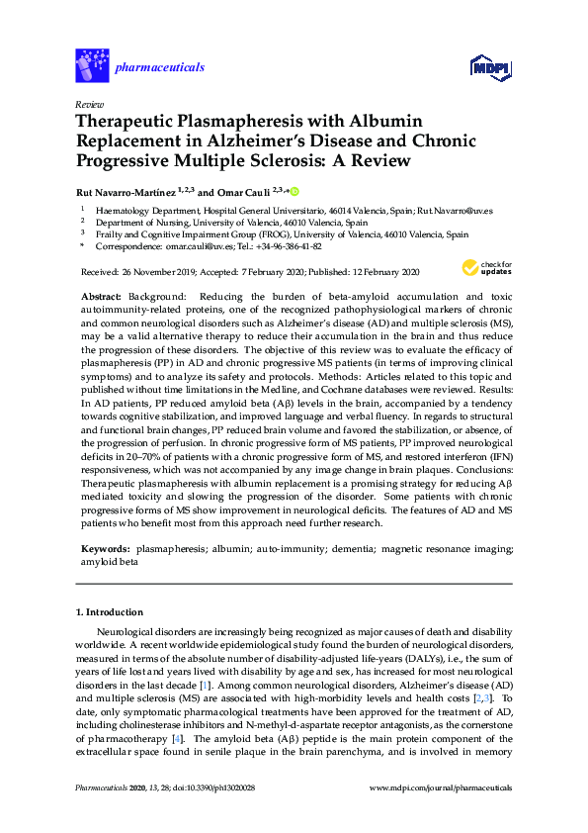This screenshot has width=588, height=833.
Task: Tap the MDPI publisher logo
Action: (x=490, y=67)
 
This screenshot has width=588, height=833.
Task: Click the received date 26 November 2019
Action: (x=157, y=271)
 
